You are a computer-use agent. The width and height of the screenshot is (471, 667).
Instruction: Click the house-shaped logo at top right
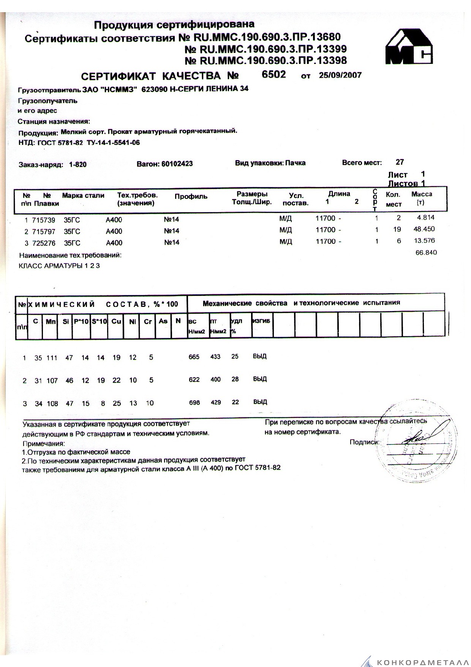click(409, 48)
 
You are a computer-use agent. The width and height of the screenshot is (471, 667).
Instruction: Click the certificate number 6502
click(274, 74)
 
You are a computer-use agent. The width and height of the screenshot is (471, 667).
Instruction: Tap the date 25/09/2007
click(340, 75)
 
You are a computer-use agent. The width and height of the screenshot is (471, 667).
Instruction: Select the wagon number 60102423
click(177, 164)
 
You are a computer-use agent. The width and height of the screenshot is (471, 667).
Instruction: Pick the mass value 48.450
click(424, 229)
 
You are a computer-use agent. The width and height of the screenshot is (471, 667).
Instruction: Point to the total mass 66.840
click(426, 253)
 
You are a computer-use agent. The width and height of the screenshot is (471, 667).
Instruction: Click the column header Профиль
click(191, 197)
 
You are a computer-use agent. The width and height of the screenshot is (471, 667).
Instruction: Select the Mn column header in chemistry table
click(51, 322)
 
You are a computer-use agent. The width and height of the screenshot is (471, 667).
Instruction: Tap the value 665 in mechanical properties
click(194, 357)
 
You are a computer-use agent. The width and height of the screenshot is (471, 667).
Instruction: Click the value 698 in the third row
click(194, 402)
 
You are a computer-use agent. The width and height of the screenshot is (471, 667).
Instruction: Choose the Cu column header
click(116, 321)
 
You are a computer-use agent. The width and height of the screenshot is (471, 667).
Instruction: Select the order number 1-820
click(78, 165)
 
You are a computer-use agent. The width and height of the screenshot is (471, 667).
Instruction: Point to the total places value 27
click(400, 162)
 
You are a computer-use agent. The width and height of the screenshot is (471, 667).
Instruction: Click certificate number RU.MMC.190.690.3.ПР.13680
click(267, 37)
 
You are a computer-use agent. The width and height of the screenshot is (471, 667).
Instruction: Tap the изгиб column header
click(261, 321)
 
